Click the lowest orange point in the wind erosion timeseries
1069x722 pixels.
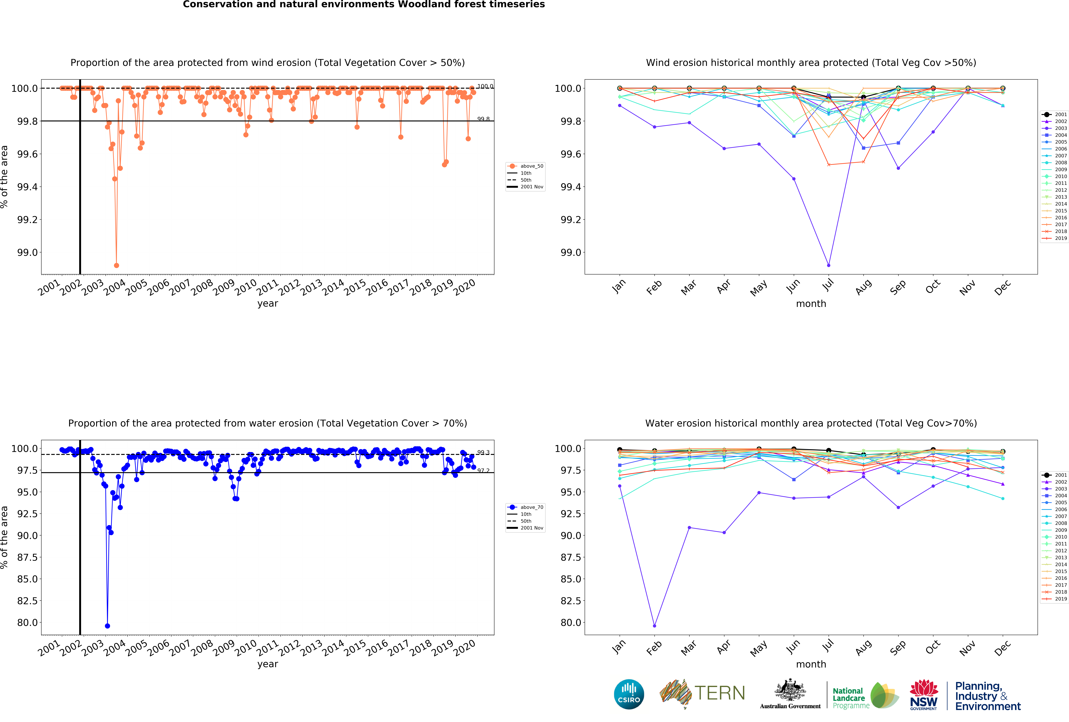pos(116,265)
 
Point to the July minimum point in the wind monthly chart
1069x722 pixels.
pos(828,265)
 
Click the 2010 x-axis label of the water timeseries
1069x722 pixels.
pos(246,648)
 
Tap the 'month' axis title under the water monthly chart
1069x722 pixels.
pos(811,664)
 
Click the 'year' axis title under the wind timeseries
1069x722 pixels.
pos(268,304)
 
